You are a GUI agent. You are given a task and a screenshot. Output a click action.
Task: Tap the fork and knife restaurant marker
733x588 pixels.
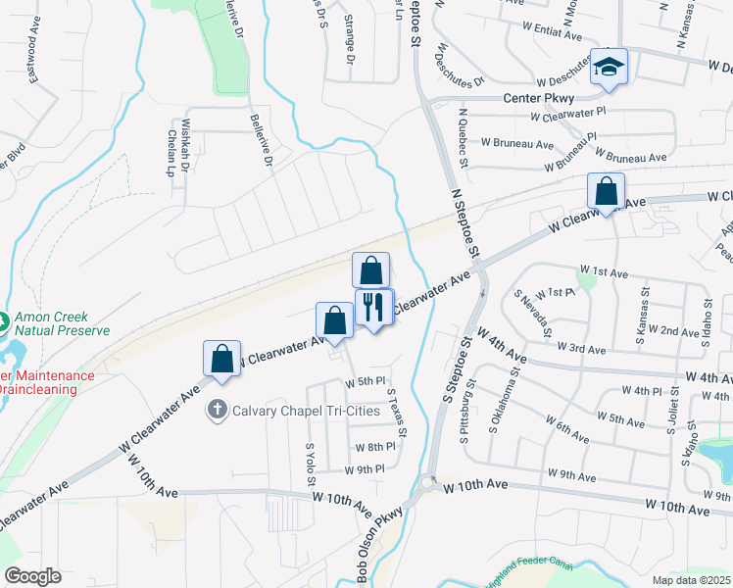373,307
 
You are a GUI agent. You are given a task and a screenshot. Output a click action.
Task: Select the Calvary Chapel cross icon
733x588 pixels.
217,411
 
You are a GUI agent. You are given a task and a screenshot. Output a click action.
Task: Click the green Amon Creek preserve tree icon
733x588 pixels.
3,319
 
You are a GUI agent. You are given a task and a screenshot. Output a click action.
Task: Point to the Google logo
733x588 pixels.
32,576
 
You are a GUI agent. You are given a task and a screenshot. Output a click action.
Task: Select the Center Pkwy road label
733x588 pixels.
538,99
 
